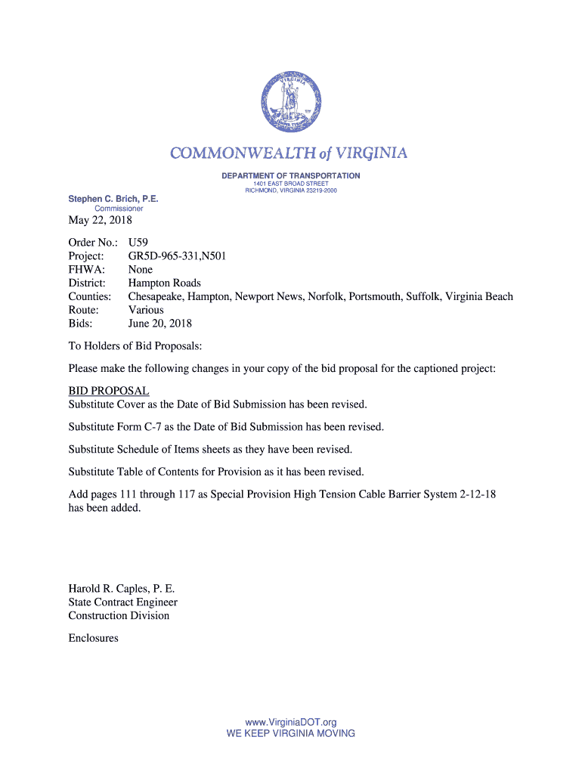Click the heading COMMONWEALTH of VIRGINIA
pyautogui.click(x=289, y=154)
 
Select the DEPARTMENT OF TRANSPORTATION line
pyautogui.click(x=290, y=176)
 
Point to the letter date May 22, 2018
pyautogui.click(x=100, y=221)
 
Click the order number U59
pyautogui.click(x=138, y=243)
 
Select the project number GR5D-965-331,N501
pyautogui.click(x=177, y=256)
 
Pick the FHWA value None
pyautogui.click(x=140, y=270)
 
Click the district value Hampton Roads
pyautogui.click(x=164, y=283)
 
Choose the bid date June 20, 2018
pyautogui.click(x=159, y=324)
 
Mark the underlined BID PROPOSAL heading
pyautogui.click(x=109, y=391)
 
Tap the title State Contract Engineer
pyautogui.click(x=122, y=602)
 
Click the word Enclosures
pyautogui.click(x=93, y=638)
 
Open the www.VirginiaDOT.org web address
pyautogui.click(x=290, y=723)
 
